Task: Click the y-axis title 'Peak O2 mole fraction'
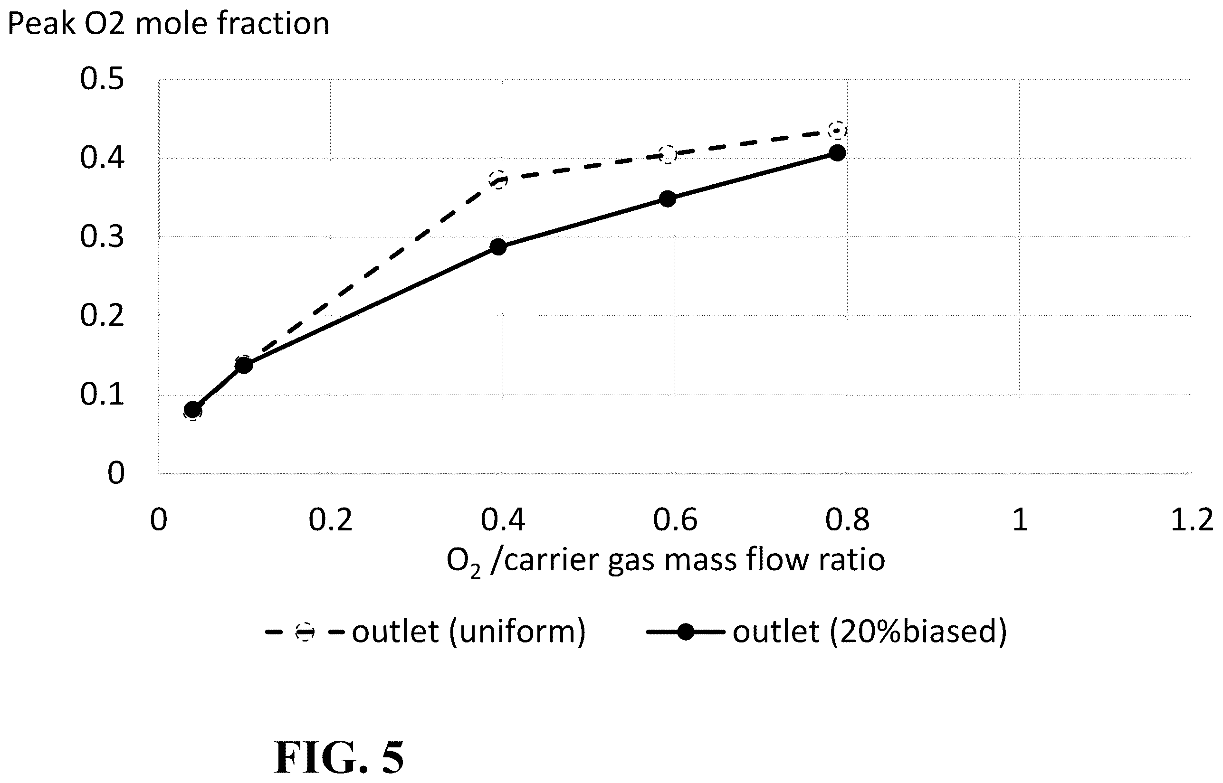tap(168, 24)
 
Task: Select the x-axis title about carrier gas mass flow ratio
tap(665, 561)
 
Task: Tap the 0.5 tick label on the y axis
tap(102, 79)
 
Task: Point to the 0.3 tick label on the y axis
tap(102, 237)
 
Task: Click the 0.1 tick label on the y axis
tap(102, 395)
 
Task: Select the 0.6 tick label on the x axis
tap(675, 520)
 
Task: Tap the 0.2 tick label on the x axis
tap(331, 520)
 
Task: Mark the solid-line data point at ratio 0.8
tap(837, 153)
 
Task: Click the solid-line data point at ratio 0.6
tap(668, 198)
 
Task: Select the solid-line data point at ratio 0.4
tap(498, 247)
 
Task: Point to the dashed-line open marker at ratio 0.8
tap(837, 131)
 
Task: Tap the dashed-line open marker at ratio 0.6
tap(668, 154)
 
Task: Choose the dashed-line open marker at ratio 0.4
tap(498, 179)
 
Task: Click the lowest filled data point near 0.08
tap(193, 409)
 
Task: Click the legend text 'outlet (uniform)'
tap(469, 632)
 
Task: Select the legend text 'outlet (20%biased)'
tap(870, 632)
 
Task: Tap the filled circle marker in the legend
tap(686, 632)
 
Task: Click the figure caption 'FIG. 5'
tap(339, 757)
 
